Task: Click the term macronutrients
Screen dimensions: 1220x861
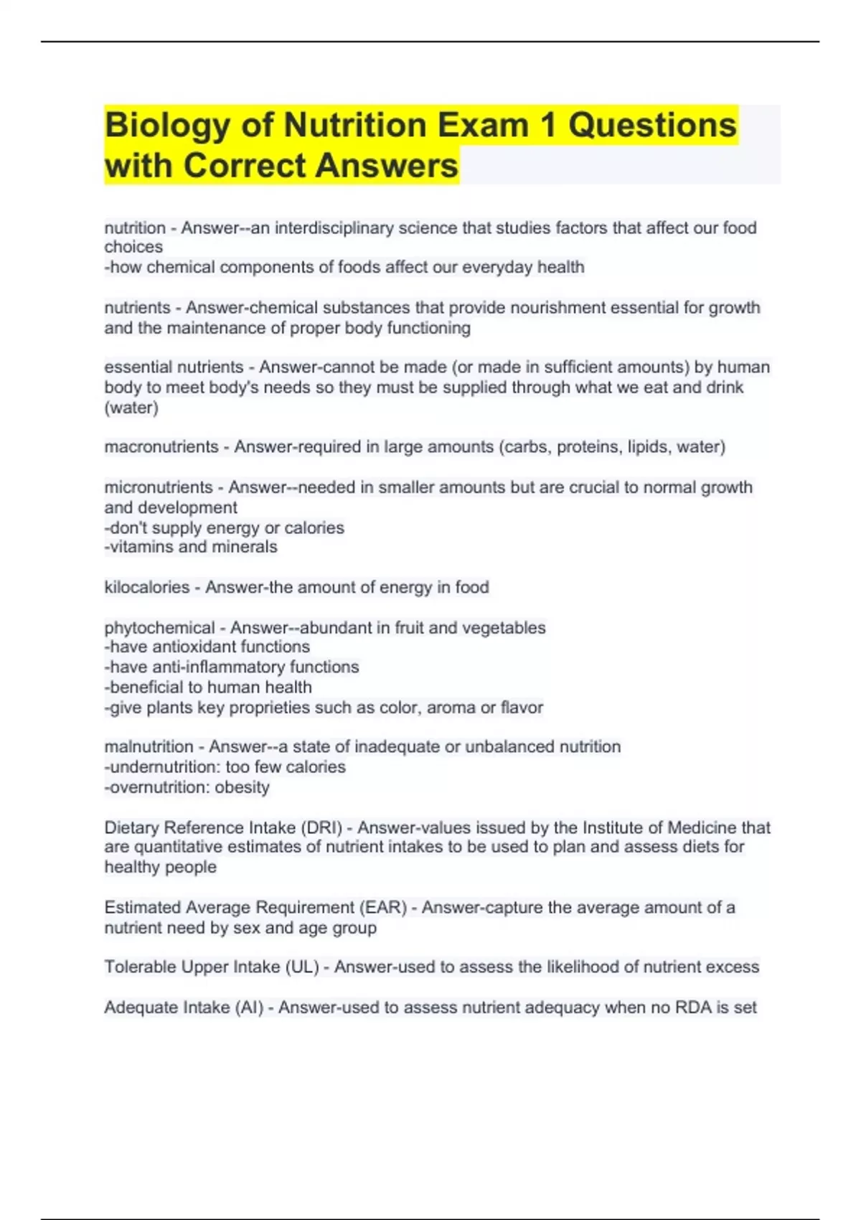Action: [x=161, y=447]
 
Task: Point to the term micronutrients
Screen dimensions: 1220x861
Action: [x=159, y=487]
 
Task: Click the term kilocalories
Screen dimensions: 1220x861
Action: [x=146, y=587]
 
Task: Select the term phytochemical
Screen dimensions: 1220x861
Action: [x=159, y=628]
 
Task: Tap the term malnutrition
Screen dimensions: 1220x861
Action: [x=149, y=747]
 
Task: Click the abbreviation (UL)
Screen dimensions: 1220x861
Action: [x=302, y=967]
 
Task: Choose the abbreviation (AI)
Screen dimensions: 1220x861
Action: [x=249, y=1008]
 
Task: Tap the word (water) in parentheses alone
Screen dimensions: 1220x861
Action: [x=131, y=408]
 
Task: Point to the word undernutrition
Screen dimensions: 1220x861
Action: [x=164, y=767]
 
